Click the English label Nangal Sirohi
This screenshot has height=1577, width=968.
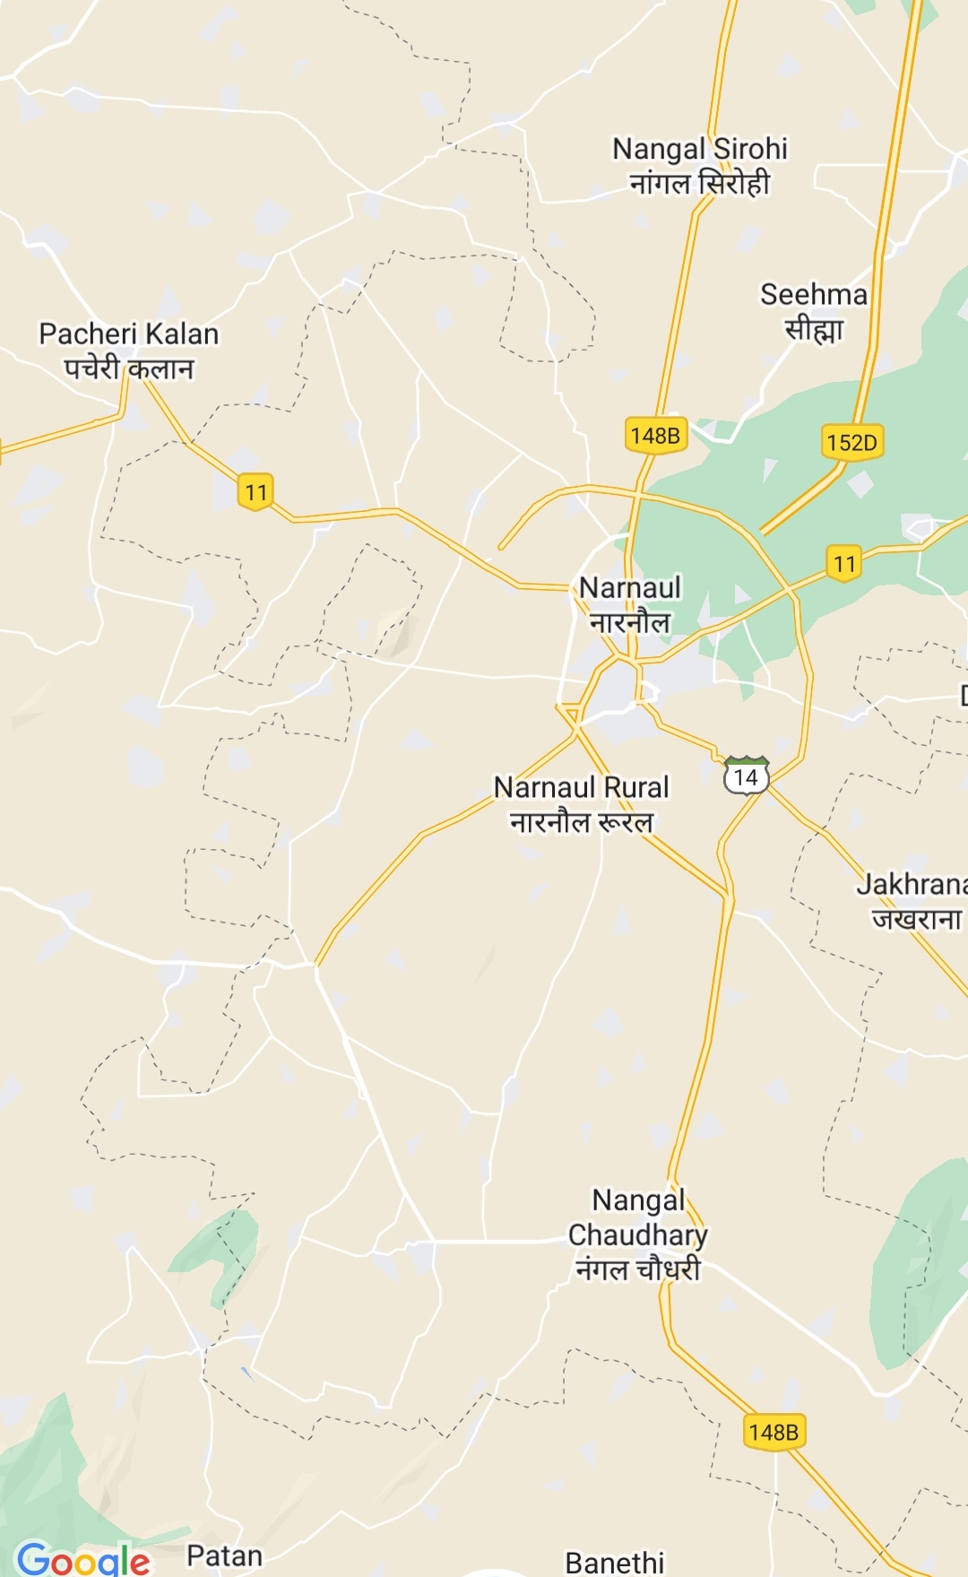click(699, 149)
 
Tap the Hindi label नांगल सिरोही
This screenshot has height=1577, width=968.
click(699, 184)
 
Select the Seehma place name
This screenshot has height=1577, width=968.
click(813, 294)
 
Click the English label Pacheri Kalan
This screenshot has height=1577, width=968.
click(128, 334)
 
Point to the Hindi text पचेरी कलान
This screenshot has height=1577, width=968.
click(128, 368)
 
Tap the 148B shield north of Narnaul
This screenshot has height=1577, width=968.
click(655, 436)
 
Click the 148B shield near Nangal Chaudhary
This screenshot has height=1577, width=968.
click(774, 1432)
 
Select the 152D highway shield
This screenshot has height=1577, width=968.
click(851, 442)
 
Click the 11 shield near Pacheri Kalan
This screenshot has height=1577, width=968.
click(256, 492)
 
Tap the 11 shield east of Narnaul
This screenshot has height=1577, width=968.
click(843, 564)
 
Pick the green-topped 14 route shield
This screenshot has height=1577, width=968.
click(746, 776)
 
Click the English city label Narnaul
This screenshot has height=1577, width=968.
click(630, 588)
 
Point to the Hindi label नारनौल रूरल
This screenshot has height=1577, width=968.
click(581, 822)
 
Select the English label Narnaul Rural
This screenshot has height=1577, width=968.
click(581, 787)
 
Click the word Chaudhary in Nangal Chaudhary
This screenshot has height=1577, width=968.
click(637, 1235)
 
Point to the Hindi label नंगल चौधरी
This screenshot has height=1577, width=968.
click(637, 1269)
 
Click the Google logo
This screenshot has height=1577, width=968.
click(83, 1559)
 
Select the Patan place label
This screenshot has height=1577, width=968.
click(224, 1555)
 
